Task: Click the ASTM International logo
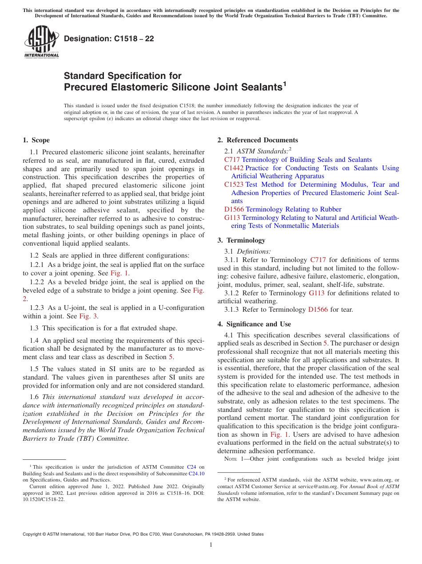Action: coord(41,43)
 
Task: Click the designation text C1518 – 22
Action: coord(109,39)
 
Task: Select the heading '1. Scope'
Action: coord(36,140)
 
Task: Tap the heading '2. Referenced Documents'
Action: coord(258,140)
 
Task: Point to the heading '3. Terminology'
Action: coord(241,240)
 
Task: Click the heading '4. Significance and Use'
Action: coord(254,324)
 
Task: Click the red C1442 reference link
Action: coord(234,168)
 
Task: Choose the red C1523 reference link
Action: coord(234,184)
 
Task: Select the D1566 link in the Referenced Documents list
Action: coord(234,209)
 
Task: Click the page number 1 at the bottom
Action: coord(211,545)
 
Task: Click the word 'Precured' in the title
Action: coord(85,87)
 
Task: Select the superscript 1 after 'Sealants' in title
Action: coord(284,83)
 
